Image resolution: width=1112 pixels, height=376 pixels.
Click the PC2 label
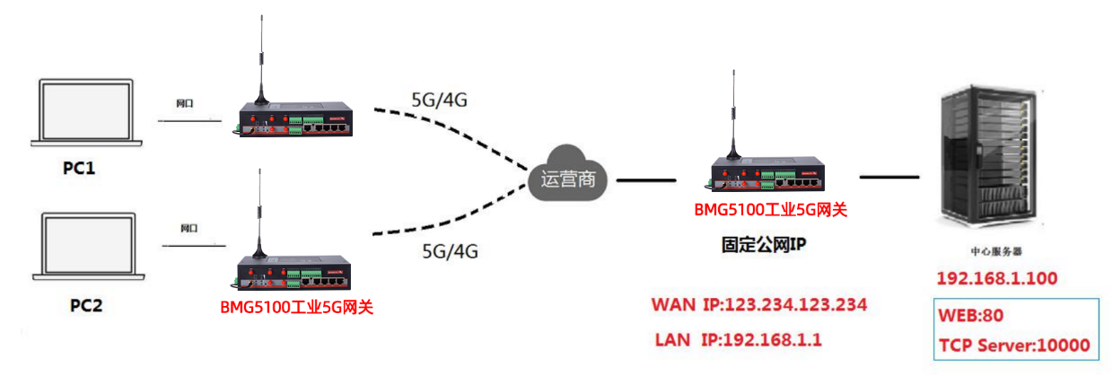tap(86, 305)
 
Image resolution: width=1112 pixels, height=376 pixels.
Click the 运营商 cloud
tap(567, 179)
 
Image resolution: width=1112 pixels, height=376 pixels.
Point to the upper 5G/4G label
tap(438, 100)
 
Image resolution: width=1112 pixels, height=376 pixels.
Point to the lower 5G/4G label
tap(450, 252)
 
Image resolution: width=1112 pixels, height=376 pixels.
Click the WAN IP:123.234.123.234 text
tap(759, 305)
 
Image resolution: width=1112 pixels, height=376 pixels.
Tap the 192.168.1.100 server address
tap(996, 278)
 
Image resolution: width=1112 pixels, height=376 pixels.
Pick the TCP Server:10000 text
tap(1014, 345)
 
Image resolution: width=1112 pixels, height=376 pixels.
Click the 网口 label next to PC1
tap(186, 103)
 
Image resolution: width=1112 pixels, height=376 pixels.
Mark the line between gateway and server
tap(889, 177)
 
